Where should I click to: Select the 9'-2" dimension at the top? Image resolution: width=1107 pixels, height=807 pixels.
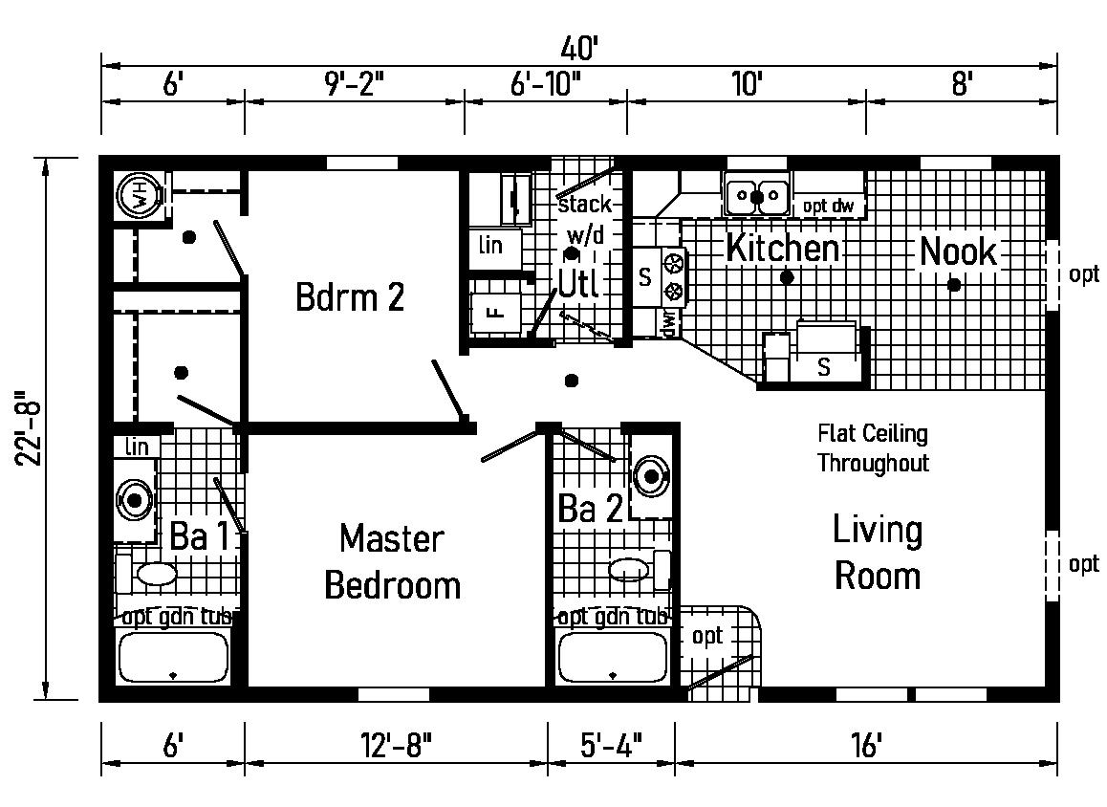click(x=354, y=84)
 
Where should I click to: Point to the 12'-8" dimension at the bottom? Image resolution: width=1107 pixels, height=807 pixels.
click(x=396, y=743)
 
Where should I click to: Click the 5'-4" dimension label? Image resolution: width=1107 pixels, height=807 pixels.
click(x=611, y=743)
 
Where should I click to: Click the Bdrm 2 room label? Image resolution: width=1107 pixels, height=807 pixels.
click(x=350, y=297)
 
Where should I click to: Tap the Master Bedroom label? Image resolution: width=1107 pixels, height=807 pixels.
click(x=392, y=561)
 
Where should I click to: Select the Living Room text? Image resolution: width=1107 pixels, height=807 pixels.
click(x=877, y=553)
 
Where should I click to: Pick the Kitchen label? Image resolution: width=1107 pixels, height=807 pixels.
click(x=782, y=249)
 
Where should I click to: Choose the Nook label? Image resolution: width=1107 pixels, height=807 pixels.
click(x=958, y=252)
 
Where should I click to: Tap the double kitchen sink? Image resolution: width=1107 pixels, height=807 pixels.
click(x=756, y=197)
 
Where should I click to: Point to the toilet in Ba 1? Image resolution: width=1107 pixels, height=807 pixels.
click(x=153, y=574)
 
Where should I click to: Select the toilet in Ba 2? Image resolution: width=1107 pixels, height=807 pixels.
click(x=630, y=571)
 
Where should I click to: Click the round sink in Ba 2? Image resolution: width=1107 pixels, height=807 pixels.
click(x=651, y=475)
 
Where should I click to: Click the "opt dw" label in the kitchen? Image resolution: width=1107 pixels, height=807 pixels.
click(x=828, y=205)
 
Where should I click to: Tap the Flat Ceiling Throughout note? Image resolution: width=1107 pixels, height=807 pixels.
click(x=872, y=448)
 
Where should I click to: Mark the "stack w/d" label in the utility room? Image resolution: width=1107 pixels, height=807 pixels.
click(x=583, y=218)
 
